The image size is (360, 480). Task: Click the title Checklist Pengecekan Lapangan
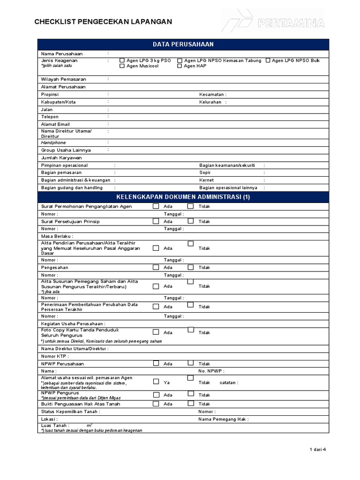click(103, 22)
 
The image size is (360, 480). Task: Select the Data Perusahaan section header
click(183, 44)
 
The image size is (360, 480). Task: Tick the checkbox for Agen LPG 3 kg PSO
click(122, 60)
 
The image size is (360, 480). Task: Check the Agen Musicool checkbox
click(122, 66)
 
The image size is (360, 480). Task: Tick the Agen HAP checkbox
click(180, 66)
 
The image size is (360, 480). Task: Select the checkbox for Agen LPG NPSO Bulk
click(268, 60)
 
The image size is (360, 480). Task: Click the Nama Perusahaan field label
click(61, 54)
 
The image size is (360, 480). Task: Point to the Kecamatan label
click(212, 94)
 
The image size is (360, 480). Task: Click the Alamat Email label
click(55, 124)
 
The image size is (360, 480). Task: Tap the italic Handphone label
click(53, 142)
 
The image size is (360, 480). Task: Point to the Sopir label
click(205, 172)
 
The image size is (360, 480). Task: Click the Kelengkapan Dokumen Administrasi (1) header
click(183, 197)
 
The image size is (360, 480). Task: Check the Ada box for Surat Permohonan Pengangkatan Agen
click(156, 206)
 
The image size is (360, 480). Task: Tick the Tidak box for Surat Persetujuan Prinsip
click(191, 221)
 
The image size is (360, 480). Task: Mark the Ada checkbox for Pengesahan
click(156, 267)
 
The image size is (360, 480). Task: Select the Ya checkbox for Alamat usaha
click(156, 382)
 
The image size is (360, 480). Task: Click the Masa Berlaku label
click(57, 236)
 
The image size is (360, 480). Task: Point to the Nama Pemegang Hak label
click(223, 419)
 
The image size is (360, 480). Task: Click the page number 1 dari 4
click(317, 450)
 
